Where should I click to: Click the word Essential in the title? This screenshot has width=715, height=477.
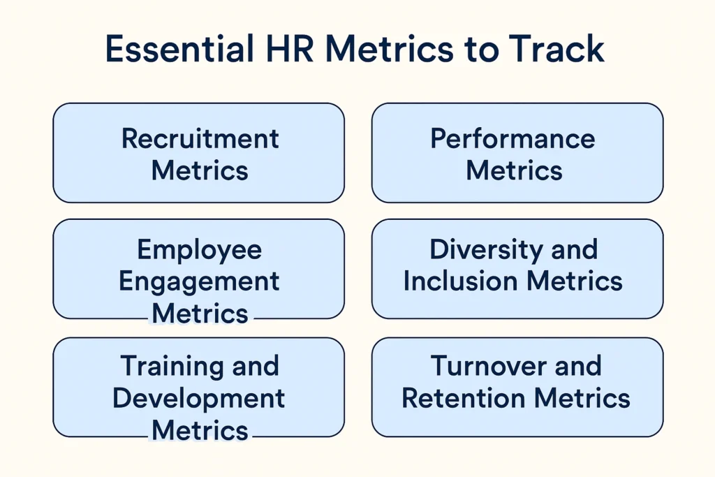point(179,48)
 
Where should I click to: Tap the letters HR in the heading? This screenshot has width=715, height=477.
point(290,48)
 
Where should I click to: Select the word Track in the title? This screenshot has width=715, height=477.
point(556,48)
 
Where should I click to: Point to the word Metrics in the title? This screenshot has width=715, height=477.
point(390,48)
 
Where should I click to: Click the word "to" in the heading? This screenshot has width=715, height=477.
point(480,50)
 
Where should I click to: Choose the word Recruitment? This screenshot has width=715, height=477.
point(200,138)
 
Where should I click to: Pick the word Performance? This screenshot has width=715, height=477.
point(513,138)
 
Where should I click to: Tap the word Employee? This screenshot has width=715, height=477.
point(199,250)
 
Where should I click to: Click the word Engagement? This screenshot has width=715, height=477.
point(199,282)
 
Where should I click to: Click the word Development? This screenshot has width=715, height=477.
point(199,399)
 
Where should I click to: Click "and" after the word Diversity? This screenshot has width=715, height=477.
point(575,250)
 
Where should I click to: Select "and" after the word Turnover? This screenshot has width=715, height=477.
point(579,366)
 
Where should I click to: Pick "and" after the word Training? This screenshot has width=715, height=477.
point(256,366)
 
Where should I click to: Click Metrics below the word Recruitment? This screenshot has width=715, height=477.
point(200,170)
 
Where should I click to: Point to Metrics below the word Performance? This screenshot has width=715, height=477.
point(514,170)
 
